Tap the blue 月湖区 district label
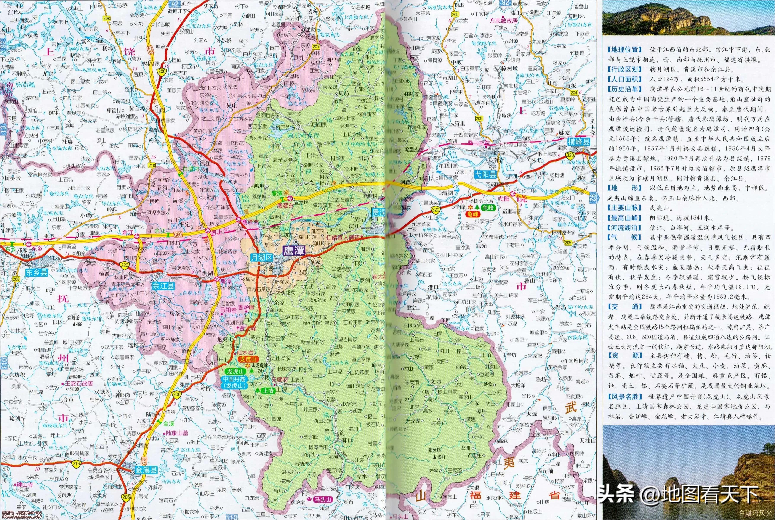click(x=261, y=257)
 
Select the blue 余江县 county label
click(x=163, y=286)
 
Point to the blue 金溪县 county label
click(x=146, y=470)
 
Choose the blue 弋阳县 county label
click(x=485, y=174)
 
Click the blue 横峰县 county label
click(x=578, y=142)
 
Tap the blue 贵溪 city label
click(x=378, y=213)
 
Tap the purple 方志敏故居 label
click(x=504, y=21)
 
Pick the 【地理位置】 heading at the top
click(x=624, y=50)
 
